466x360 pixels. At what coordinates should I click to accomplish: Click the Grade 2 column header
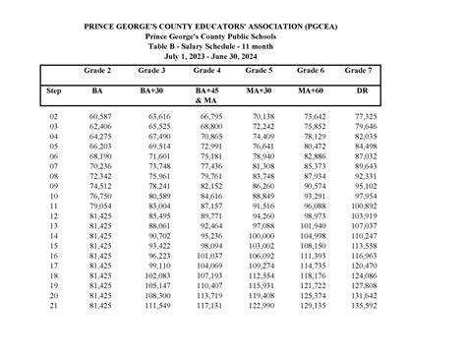97,72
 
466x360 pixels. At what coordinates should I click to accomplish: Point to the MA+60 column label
311,90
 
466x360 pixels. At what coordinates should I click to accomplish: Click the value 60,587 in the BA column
97,117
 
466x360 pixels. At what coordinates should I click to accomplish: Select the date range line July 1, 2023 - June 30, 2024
233,54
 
